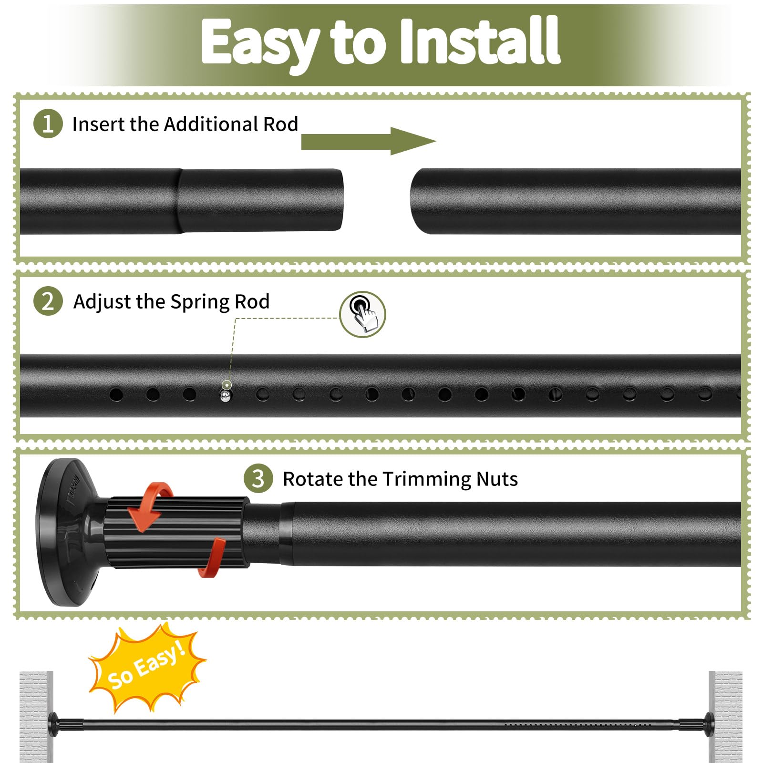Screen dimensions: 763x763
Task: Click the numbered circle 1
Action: [48, 124]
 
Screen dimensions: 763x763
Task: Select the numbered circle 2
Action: [48, 301]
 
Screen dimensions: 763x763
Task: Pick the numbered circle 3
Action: [258, 478]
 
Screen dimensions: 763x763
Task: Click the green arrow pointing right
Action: [369, 141]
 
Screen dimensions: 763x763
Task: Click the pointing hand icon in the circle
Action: [363, 314]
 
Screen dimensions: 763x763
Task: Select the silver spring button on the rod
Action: [226, 395]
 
